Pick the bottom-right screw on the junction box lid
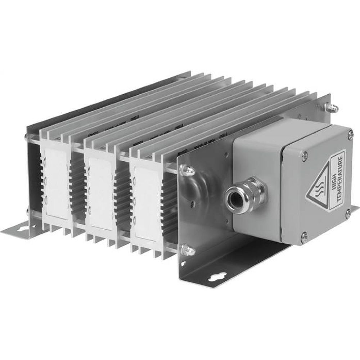click(347, 213)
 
